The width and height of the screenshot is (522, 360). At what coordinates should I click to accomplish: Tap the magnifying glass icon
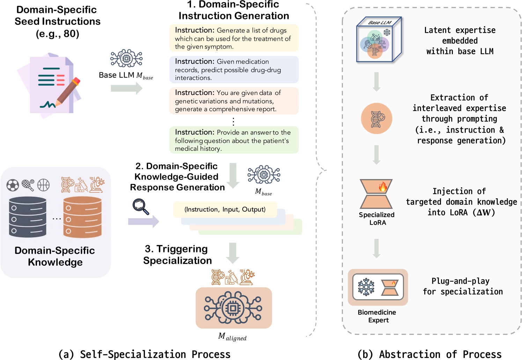pos(140,206)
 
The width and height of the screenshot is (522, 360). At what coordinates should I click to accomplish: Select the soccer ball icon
pos(13,185)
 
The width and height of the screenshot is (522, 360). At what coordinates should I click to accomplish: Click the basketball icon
pos(44,185)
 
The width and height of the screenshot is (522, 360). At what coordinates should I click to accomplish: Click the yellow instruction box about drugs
pos(234,38)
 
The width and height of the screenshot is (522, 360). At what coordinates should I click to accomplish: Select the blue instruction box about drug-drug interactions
pos(234,69)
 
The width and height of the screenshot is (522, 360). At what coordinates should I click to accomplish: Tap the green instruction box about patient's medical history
pos(234,140)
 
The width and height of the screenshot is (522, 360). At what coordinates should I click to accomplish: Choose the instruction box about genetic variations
pos(234,101)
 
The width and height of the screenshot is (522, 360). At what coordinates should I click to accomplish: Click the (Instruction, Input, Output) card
pos(225,210)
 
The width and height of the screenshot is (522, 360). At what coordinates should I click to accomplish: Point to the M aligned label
pos(232,337)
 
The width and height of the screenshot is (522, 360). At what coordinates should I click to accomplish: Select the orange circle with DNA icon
pos(376,118)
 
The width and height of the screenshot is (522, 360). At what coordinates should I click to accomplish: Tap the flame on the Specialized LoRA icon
pos(383,187)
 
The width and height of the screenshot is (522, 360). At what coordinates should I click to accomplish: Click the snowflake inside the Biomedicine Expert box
pos(366,287)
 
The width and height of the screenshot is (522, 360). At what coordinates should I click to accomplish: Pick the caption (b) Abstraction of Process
pos(429,354)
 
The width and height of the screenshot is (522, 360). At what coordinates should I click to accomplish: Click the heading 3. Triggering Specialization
pos(177,255)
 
